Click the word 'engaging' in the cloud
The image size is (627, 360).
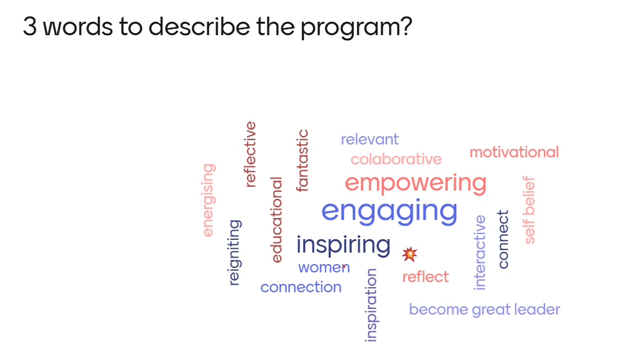point(389,212)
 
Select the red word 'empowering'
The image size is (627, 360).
point(415,184)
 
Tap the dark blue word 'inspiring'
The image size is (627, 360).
point(344,245)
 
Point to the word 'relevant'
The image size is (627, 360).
point(370,139)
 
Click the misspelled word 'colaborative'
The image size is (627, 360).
point(396,159)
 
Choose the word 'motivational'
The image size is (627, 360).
point(514,152)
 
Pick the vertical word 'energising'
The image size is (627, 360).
point(209,200)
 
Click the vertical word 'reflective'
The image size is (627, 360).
point(250,154)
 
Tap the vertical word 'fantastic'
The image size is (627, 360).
point(302,160)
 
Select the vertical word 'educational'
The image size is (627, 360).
point(276,220)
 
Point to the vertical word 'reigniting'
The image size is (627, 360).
point(234,253)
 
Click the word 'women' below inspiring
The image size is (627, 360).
point(324,267)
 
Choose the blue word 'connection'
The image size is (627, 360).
point(301,287)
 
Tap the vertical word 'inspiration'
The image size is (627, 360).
point(370,305)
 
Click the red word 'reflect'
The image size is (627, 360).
point(425,277)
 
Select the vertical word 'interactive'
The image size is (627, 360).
point(479,252)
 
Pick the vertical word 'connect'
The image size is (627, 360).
point(503,239)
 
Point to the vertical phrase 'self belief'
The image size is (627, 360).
point(528,210)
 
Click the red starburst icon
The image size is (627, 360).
point(410,254)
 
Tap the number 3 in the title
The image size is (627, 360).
point(29,27)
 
